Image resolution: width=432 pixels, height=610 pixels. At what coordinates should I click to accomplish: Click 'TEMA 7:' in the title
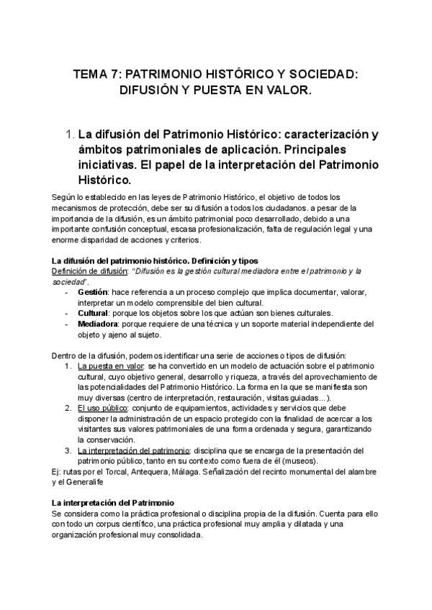pos(98,74)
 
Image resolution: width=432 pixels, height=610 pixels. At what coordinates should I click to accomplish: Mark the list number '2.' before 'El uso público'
pos(68,408)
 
